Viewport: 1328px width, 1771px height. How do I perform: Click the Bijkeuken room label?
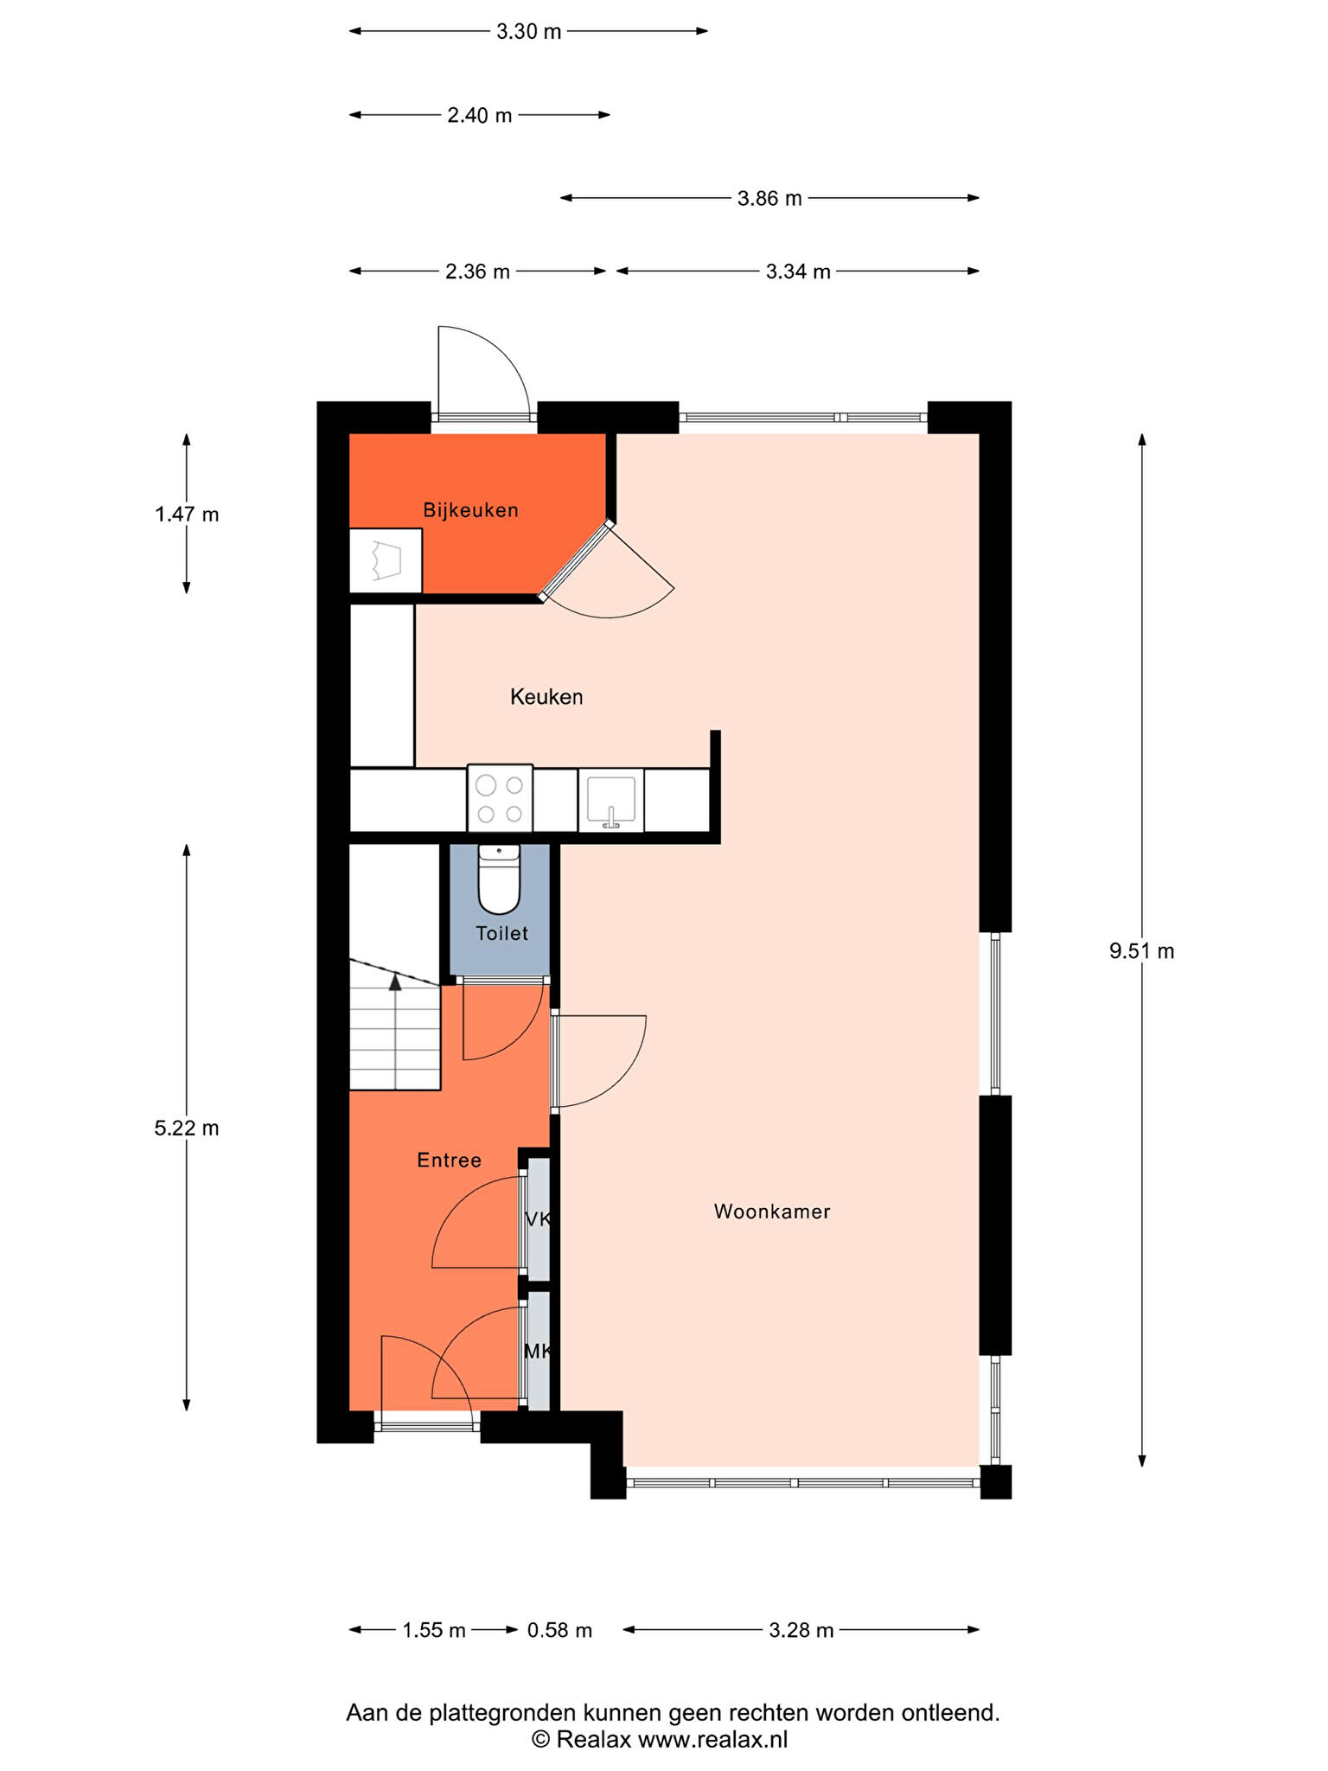click(470, 510)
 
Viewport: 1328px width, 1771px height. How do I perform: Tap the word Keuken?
click(546, 697)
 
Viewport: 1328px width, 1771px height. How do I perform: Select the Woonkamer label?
click(772, 1212)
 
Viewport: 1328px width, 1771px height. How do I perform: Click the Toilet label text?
click(501, 933)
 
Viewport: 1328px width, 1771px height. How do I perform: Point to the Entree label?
click(449, 1160)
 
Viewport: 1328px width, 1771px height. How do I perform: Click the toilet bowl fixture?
click(499, 879)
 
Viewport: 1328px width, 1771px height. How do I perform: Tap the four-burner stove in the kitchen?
click(500, 798)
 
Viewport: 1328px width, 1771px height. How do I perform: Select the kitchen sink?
click(611, 800)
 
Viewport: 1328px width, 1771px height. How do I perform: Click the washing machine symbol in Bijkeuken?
click(386, 561)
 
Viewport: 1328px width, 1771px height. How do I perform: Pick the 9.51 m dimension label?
click(1141, 951)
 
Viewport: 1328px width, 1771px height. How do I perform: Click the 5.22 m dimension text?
click(187, 1128)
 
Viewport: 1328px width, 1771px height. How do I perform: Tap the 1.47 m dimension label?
click(187, 515)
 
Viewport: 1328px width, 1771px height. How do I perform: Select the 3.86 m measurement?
click(769, 198)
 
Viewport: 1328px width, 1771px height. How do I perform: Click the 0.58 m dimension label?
click(560, 1630)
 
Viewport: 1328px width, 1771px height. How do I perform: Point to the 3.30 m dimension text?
click(528, 32)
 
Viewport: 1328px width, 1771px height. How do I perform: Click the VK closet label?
click(538, 1219)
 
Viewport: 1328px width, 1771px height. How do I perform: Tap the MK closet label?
click(538, 1351)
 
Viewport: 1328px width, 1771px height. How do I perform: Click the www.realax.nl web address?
click(713, 1739)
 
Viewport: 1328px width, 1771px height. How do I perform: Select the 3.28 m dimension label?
click(801, 1630)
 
